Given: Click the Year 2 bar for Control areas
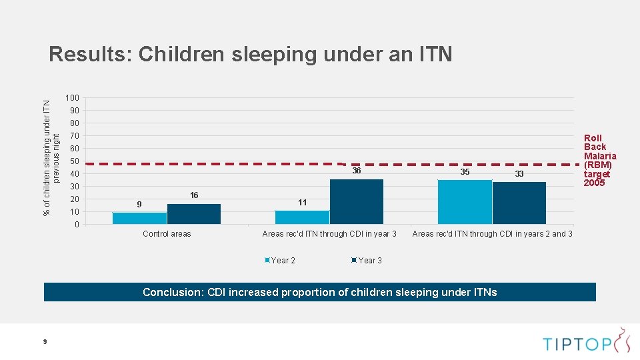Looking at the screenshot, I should (x=139, y=218).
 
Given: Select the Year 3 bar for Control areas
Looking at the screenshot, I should (x=194, y=214).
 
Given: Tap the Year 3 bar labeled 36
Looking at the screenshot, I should (x=357, y=201).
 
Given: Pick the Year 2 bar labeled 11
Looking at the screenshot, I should (x=302, y=217).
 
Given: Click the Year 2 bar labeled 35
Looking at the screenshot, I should (x=465, y=202).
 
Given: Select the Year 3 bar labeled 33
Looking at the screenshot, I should (x=519, y=203).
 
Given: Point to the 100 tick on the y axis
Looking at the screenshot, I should (x=72, y=99).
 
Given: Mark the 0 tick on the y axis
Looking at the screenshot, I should (x=76, y=225).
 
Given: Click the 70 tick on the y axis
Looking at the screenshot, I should (x=74, y=136).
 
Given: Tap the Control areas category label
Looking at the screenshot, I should (x=167, y=234).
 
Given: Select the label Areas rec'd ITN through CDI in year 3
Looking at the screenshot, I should (x=329, y=234).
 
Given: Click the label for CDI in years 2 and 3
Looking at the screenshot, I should (x=492, y=234).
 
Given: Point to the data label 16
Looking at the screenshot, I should (x=194, y=195).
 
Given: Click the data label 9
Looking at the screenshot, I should (x=139, y=204).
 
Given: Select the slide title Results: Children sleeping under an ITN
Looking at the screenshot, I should (x=251, y=54).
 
